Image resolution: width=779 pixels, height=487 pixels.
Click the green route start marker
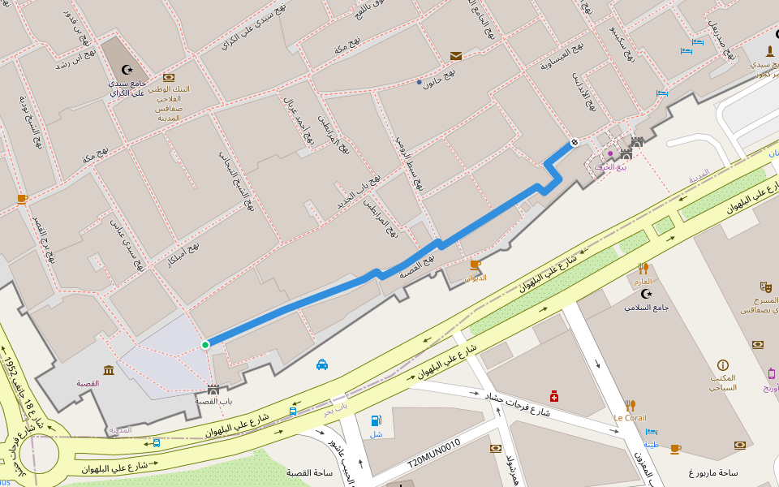coord(205,345)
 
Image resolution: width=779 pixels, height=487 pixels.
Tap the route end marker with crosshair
coord(575,143)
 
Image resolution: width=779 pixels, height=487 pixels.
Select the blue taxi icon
coord(322,364)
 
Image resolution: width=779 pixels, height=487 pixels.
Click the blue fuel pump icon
coord(376,420)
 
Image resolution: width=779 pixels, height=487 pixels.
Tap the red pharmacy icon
coord(554,396)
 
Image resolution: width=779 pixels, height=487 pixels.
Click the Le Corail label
coord(630,419)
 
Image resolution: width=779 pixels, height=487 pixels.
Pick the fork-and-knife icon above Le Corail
coord(631,405)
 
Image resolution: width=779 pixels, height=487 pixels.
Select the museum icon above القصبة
coord(109,370)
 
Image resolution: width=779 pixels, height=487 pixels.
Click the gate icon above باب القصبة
coord(213,390)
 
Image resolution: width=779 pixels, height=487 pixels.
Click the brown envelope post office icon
coord(456,56)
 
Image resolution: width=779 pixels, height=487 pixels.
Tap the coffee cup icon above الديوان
coord(476,265)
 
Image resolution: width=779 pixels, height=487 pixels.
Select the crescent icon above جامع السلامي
coord(646,293)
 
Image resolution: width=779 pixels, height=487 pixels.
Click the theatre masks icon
coord(764,287)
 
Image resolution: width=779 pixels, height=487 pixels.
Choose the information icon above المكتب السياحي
coord(723,365)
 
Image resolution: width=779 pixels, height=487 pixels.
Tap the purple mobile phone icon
coord(771,373)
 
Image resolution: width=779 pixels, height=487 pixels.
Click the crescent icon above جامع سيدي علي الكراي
coord(127,70)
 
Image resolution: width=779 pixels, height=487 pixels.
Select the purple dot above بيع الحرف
coord(610,153)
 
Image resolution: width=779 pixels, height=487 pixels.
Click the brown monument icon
coord(769,50)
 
